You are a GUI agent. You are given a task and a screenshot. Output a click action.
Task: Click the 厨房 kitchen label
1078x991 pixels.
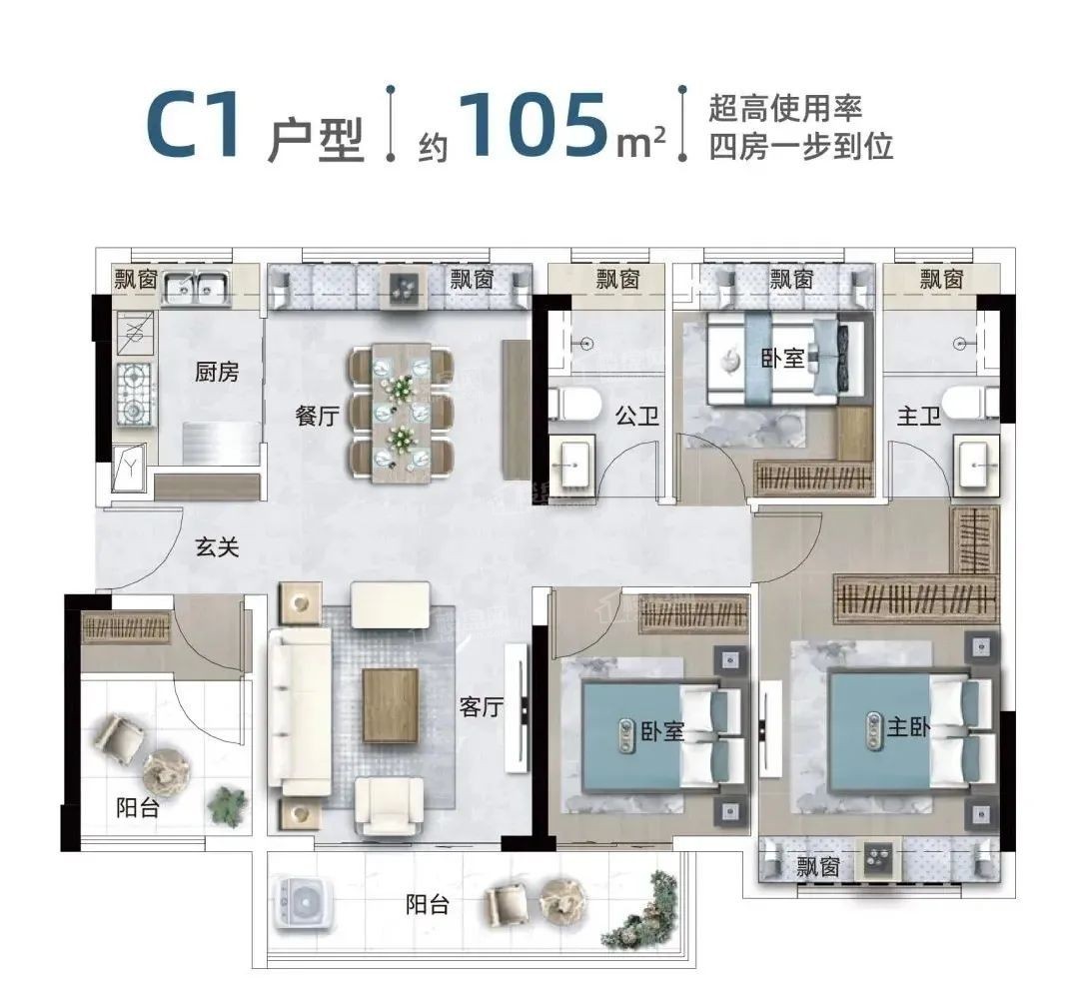pos(217,373)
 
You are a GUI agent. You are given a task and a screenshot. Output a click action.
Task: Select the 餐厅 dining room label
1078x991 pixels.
pos(316,418)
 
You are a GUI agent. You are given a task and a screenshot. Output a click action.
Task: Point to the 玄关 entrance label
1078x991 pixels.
pos(217,546)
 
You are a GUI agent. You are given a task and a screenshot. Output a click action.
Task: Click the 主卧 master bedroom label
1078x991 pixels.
pos(908,729)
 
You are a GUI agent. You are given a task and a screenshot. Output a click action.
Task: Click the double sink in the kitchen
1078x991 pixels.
pos(196,289)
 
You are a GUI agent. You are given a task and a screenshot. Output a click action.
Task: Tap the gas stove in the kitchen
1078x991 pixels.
pos(133,391)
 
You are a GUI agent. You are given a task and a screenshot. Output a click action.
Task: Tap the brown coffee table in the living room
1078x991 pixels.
pos(390,705)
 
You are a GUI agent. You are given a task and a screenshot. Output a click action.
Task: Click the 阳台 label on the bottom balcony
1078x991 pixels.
pos(428,905)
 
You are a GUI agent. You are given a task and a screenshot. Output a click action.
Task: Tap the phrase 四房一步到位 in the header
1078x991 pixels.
pos(799,148)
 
